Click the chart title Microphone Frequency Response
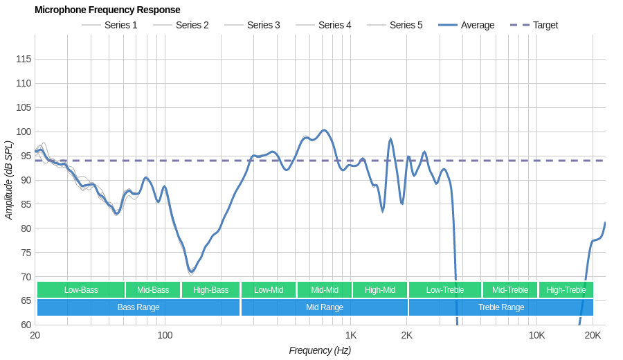click(x=107, y=10)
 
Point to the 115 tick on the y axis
click(x=24, y=59)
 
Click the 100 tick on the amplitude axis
click(x=24, y=132)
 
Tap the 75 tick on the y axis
click(x=24, y=253)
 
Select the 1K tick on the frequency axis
click(x=351, y=335)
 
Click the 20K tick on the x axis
click(x=593, y=335)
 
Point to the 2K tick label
click(x=406, y=335)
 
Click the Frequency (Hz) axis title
click(x=320, y=350)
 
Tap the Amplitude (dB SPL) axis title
click(x=9, y=180)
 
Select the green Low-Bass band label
click(x=81, y=290)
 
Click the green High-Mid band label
click(x=380, y=290)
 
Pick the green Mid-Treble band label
click(x=510, y=290)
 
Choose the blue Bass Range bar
click(x=138, y=307)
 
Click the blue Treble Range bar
click(x=501, y=307)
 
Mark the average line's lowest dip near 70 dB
click(x=190, y=271)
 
